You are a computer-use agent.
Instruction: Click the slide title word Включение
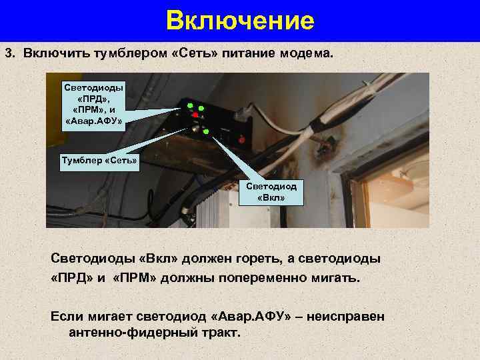240,21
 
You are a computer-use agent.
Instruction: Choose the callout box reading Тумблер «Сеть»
95,161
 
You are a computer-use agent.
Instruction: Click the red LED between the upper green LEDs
194,114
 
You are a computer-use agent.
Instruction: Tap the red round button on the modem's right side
241,139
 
